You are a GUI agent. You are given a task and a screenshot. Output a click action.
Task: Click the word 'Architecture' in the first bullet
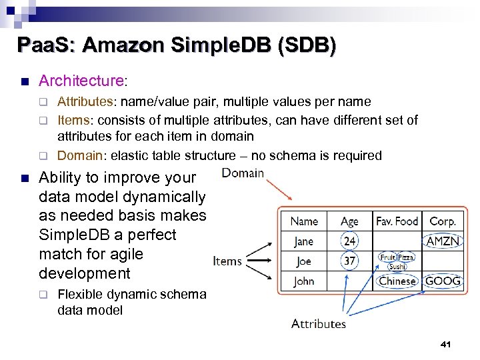click(x=81, y=81)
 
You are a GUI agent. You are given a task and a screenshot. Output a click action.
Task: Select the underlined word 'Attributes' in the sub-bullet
click(x=84, y=101)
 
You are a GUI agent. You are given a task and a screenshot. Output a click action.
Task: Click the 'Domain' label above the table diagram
click(x=243, y=173)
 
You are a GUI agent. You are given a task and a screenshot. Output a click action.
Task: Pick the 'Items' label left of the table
click(x=227, y=261)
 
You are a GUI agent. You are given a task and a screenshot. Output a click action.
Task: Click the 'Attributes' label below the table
click(x=319, y=323)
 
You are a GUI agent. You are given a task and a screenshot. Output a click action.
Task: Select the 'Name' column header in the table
click(x=304, y=221)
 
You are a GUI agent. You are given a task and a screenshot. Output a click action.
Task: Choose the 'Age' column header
click(x=349, y=221)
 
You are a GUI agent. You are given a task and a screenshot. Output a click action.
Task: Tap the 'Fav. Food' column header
click(x=397, y=221)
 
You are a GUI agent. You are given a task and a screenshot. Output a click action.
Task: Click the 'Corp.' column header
click(x=443, y=221)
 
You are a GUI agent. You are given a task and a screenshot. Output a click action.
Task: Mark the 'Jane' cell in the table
click(x=304, y=241)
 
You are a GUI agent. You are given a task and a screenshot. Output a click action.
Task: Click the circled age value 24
click(x=349, y=241)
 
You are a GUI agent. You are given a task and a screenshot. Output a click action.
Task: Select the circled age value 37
click(x=349, y=261)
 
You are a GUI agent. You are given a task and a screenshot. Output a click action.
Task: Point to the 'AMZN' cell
click(x=443, y=241)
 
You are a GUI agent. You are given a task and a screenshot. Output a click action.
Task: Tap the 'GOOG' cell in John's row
click(x=443, y=281)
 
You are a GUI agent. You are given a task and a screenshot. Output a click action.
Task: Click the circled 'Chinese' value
click(x=397, y=281)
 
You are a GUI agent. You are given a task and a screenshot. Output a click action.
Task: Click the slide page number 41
click(x=446, y=344)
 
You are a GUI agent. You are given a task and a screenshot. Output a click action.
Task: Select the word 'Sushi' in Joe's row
click(x=397, y=266)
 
